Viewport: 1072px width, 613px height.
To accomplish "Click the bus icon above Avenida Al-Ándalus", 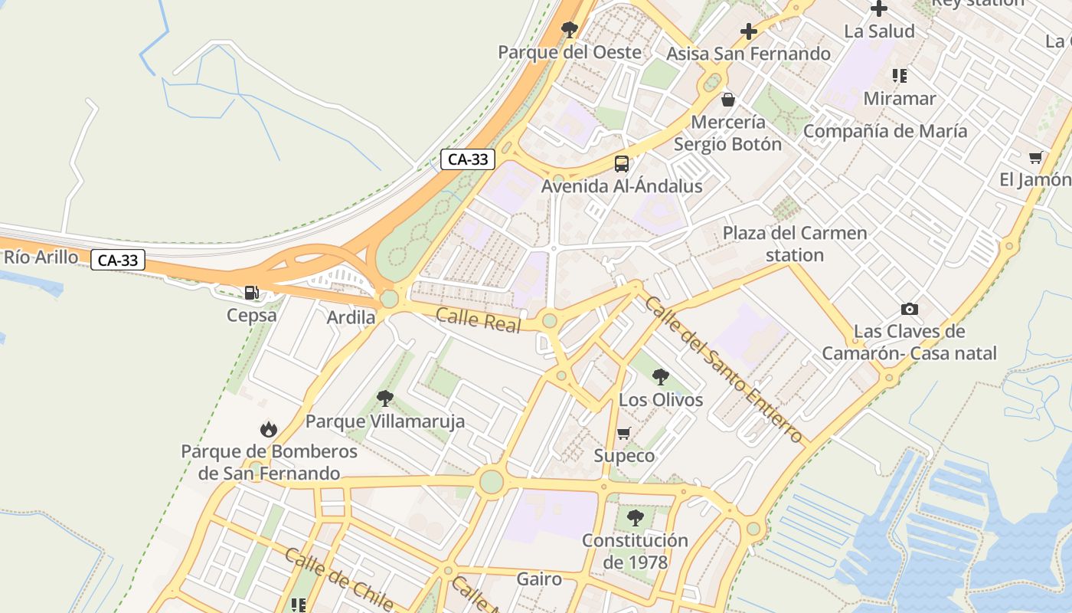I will [x=621, y=163].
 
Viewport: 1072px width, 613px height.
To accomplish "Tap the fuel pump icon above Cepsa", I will [x=251, y=292].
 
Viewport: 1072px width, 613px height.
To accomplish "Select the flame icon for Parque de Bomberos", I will [x=269, y=429].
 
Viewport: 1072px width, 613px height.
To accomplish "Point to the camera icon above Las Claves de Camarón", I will [x=910, y=309].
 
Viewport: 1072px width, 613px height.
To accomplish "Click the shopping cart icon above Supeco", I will [x=624, y=433].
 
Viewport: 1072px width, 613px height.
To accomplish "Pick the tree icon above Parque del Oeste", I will [x=569, y=30].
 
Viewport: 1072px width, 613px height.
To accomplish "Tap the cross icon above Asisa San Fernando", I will [x=748, y=31].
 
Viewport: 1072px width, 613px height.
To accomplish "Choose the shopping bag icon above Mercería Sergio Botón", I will [x=727, y=100].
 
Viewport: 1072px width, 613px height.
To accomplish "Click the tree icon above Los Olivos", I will [x=660, y=376].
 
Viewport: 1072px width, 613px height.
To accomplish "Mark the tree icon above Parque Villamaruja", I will [x=385, y=398].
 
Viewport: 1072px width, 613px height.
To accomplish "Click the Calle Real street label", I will [x=478, y=320].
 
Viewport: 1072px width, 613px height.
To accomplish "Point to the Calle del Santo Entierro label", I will [x=723, y=369].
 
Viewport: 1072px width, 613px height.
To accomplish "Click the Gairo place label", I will [x=539, y=579].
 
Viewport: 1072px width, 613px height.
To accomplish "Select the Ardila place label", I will [x=351, y=317].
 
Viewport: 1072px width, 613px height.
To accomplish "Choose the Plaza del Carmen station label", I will [x=795, y=244].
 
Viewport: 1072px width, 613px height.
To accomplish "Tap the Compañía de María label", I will [x=884, y=131].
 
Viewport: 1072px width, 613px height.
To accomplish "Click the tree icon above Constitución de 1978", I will [x=635, y=518].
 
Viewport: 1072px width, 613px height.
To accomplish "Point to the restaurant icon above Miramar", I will [x=900, y=76].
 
